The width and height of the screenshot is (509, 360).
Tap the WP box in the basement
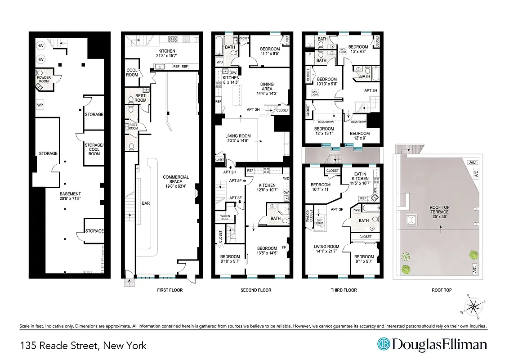pyautogui.click(x=40, y=105)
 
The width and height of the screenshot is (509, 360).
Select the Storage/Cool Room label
pyautogui.click(x=94, y=149)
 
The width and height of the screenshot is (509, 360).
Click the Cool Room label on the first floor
pyautogui.click(x=132, y=72)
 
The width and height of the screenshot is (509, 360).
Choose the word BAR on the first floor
pyautogui.click(x=146, y=203)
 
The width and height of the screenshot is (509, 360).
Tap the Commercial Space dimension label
pyautogui.click(x=176, y=180)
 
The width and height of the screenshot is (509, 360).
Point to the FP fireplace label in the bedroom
pyautogui.click(x=284, y=247)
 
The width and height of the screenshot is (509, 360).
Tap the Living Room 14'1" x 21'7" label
pyautogui.click(x=326, y=249)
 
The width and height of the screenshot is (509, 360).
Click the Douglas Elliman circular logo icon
pyautogui.click(x=383, y=345)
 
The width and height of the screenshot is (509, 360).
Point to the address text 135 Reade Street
pyautogui.click(x=83, y=346)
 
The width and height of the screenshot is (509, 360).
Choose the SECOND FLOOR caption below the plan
pyautogui.click(x=256, y=290)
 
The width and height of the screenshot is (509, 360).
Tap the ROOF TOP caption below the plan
pyautogui.click(x=441, y=290)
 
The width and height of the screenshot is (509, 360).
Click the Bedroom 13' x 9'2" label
pyautogui.click(x=358, y=49)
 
